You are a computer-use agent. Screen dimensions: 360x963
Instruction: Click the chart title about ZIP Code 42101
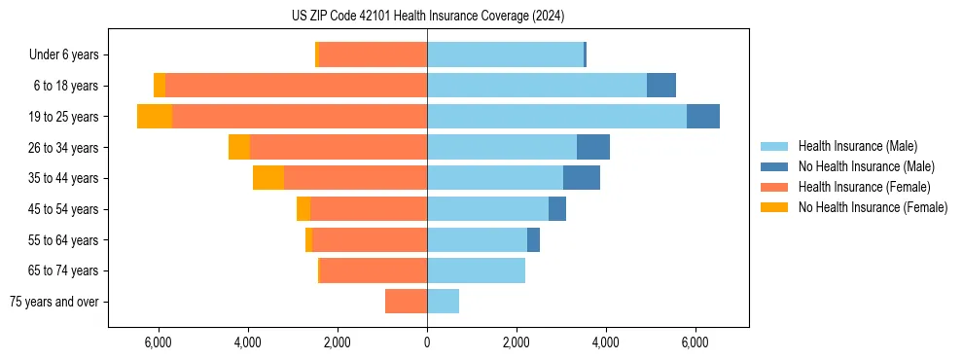tap(427, 17)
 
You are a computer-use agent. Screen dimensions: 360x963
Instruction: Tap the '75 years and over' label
tap(54, 302)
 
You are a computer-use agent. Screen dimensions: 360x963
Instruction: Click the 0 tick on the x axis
tap(427, 343)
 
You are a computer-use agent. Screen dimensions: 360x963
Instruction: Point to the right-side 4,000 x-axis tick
tap(605, 343)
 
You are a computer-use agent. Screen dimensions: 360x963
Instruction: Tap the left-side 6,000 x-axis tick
tap(159, 343)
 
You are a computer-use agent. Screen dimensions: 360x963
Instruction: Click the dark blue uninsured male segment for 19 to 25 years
tap(702, 117)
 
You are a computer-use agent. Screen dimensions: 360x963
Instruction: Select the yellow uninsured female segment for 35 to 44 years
tap(268, 178)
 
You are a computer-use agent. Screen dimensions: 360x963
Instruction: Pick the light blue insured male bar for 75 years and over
tap(443, 302)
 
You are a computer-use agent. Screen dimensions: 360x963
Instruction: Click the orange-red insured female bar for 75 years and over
tap(407, 302)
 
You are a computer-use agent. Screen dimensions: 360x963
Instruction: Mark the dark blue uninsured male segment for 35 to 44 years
tap(582, 178)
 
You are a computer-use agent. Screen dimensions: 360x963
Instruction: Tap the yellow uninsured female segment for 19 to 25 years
tap(155, 117)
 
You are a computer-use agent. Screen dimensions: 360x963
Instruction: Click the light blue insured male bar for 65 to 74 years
tap(476, 270)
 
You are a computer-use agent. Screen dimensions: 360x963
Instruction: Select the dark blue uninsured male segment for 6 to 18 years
tap(661, 86)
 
